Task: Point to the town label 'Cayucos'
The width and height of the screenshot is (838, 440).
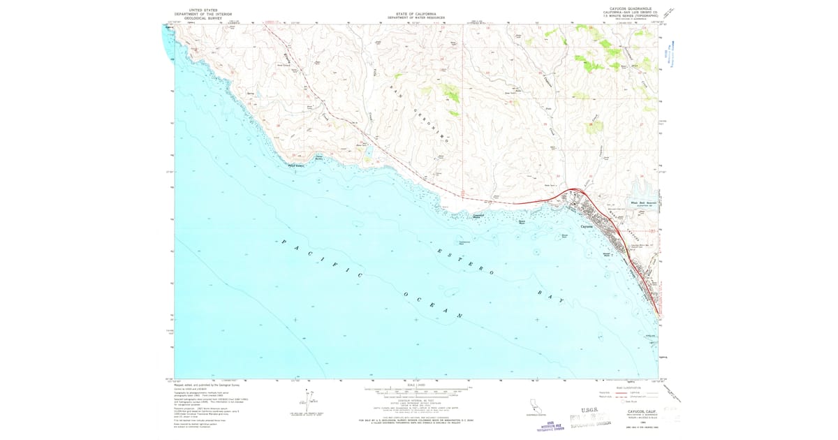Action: (x=587, y=226)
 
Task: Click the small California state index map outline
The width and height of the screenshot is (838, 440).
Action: (x=534, y=406)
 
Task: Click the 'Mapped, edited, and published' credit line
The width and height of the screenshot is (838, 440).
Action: (x=209, y=383)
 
